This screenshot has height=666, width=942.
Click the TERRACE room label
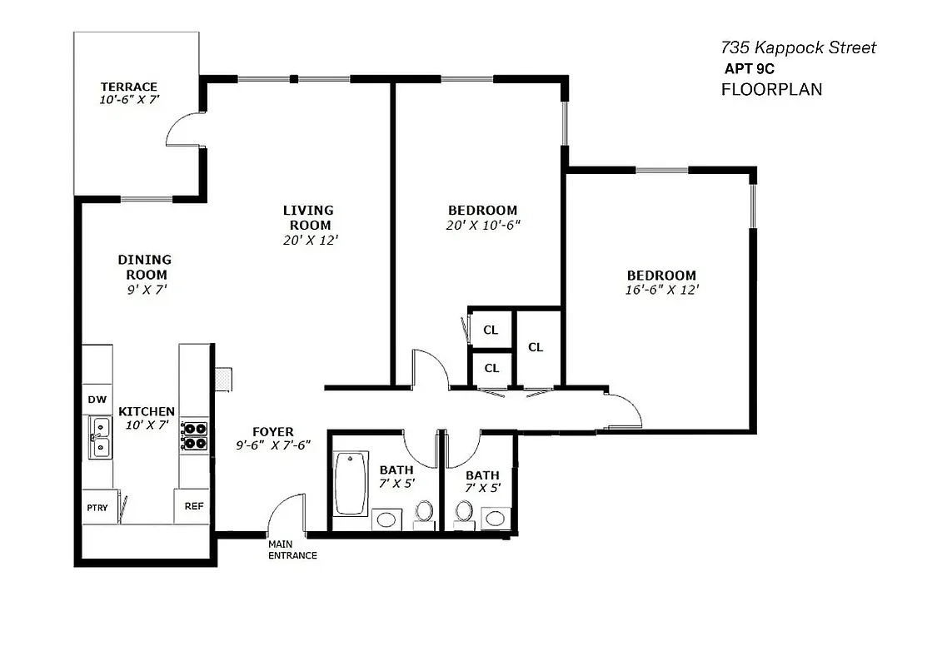point(129,87)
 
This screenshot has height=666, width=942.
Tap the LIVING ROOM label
point(308,217)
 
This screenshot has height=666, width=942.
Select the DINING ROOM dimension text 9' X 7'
point(143,290)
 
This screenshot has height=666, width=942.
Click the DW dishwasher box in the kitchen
point(97,400)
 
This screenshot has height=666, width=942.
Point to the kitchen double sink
point(101,439)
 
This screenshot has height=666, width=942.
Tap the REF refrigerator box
point(193,506)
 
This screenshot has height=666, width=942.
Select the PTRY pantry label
point(97,508)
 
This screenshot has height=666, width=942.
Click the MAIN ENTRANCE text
point(292,549)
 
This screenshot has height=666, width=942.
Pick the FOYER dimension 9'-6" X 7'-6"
point(273,445)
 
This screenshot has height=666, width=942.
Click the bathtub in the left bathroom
point(351,483)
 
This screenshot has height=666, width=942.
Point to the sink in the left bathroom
point(386,519)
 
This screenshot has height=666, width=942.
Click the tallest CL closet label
point(536,347)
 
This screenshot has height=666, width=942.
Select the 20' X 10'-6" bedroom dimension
point(483,225)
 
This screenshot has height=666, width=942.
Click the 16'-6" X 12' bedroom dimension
point(661,290)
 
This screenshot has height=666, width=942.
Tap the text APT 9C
point(750,70)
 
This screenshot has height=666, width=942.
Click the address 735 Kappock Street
point(798,48)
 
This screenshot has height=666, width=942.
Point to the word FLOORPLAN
point(771,89)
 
